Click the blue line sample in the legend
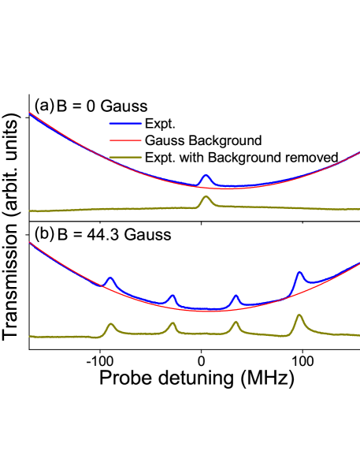coord(125,123)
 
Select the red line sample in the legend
coord(125,140)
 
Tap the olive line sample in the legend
coord(125,157)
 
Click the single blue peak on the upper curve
coord(206,176)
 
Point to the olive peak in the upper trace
coord(206,197)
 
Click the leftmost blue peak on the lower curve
coord(110,278)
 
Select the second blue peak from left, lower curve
coord(172,296)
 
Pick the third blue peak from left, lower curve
coord(236,296)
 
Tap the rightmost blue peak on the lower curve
coord(299,273)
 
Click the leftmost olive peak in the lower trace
coord(110,324)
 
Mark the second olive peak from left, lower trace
coord(173,323)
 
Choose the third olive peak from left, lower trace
coord(236,322)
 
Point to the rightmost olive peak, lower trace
coord(299,315)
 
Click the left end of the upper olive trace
coord(30,211)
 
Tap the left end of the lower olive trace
coord(30,337)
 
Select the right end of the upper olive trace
coord(358,209)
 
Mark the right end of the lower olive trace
coord(358,335)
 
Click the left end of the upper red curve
coord(30,113)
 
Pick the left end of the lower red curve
coord(30,243)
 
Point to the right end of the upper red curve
coord(358,153)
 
